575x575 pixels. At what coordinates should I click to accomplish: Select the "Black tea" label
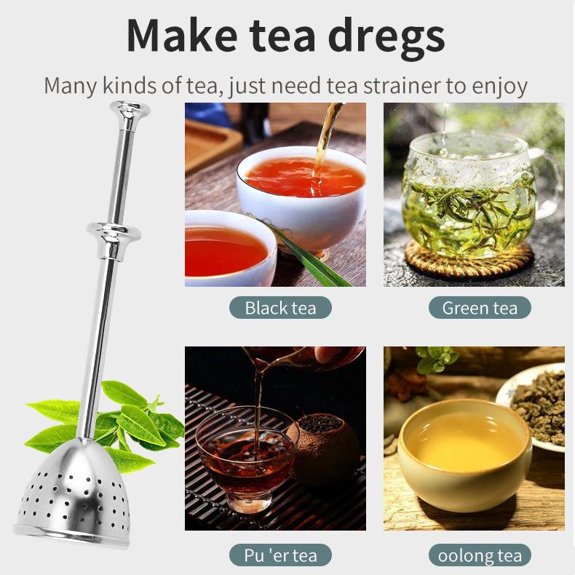280,307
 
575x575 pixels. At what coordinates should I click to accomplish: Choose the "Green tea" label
479,307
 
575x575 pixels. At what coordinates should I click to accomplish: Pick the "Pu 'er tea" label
280,555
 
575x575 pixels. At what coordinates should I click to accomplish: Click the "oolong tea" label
479,555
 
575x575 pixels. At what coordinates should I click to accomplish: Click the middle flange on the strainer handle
114,232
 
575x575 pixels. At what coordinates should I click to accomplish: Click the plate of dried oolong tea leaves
539,404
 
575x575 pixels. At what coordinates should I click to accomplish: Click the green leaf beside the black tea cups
298,251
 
